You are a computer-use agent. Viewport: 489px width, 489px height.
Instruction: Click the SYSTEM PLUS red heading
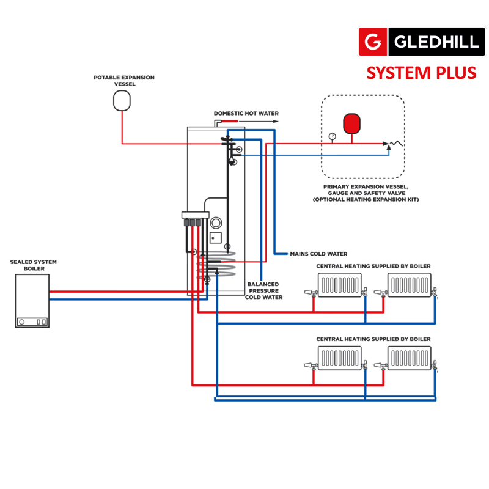pos(421,73)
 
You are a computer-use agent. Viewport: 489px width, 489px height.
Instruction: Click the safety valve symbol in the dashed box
pos(392,145)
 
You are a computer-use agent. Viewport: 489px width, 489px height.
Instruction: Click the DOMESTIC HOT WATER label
pos(246,114)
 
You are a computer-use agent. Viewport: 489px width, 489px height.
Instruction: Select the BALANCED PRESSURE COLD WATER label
pos(263,291)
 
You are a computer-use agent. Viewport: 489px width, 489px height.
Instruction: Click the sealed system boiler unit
pos(32,300)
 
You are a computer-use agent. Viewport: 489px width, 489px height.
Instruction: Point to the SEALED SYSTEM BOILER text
pos(34,265)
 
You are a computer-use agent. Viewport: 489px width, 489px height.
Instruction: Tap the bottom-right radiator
pos(410,357)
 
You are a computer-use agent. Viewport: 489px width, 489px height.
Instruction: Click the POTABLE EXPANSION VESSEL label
pos(124,81)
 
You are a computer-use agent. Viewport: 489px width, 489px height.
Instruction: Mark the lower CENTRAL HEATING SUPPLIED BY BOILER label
pos(373,339)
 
